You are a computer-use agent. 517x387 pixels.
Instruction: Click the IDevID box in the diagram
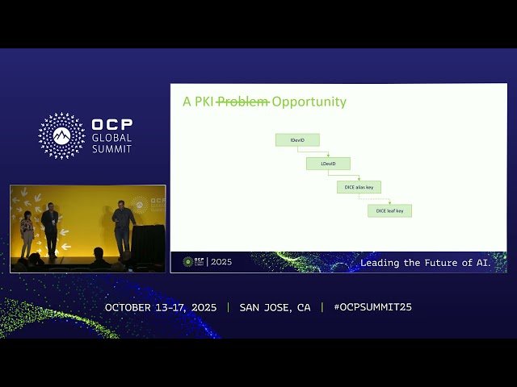[297, 140]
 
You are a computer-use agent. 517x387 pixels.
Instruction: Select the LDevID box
[328, 164]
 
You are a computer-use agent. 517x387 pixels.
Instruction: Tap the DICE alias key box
[359, 187]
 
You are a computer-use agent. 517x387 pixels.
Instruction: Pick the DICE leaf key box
[390, 210]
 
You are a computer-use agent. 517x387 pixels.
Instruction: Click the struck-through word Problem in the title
[243, 102]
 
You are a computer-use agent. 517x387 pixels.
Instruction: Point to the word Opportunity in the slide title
[309, 102]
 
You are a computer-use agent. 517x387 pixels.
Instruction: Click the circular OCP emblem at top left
[61, 135]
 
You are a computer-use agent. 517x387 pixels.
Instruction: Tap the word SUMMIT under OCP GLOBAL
[111, 149]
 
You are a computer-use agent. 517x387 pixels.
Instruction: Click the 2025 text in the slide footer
[221, 262]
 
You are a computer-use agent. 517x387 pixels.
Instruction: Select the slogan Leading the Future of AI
[425, 263]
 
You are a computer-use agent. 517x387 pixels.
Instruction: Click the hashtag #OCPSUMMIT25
[372, 307]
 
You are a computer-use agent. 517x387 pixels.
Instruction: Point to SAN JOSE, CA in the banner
[275, 307]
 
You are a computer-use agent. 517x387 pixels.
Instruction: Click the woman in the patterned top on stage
[27, 232]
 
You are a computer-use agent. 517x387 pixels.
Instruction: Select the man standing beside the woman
[50, 228]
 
